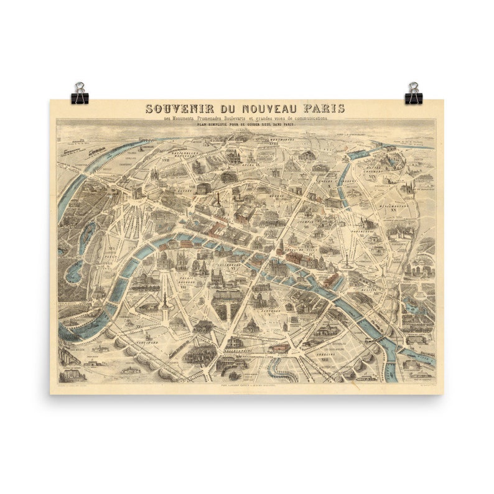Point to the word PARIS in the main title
pos(324,108)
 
